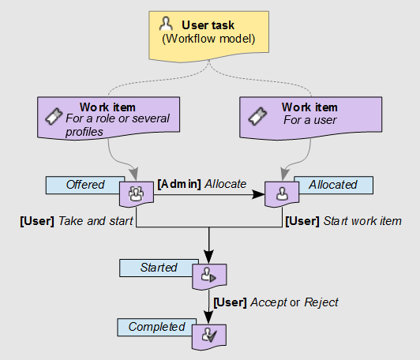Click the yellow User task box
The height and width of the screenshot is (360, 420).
pos(210,34)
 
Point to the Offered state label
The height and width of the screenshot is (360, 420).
pos(85,185)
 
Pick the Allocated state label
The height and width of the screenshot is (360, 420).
pos(333,185)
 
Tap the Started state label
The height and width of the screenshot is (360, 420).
pos(158,268)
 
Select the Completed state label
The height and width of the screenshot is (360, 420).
pos(156,327)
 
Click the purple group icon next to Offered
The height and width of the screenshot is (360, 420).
pos(135,193)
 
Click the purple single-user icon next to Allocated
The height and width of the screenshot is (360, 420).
pos(281,193)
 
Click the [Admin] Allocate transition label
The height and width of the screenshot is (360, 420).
pos(202,184)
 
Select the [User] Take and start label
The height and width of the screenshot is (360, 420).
pos(77,220)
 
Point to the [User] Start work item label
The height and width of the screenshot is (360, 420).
pos(343,220)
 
